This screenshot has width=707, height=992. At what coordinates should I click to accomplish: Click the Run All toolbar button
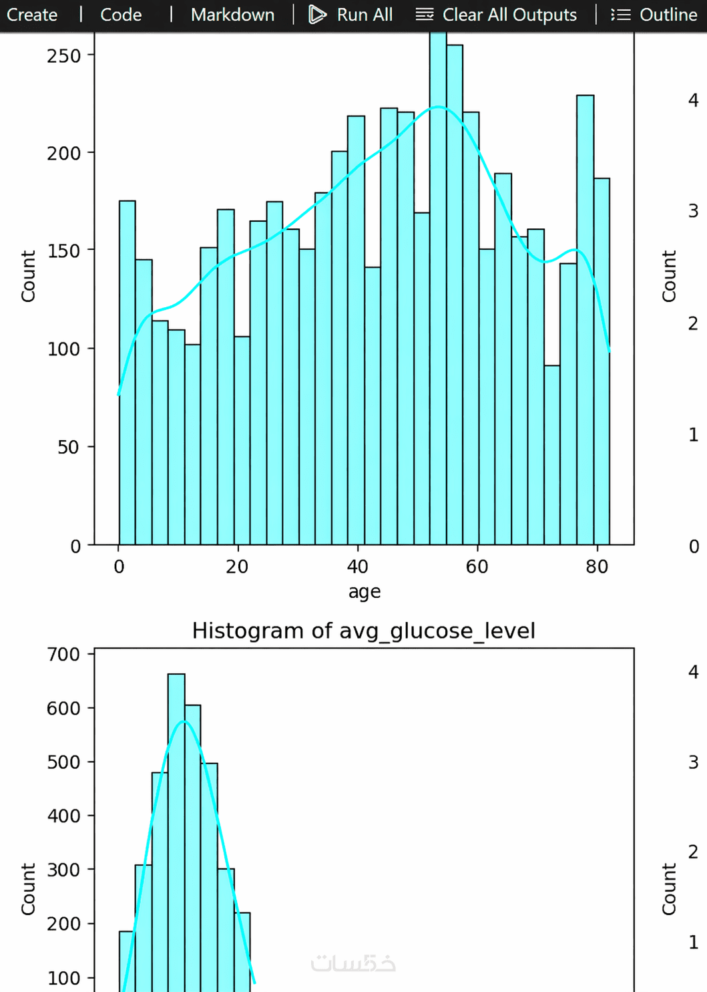pos(351,15)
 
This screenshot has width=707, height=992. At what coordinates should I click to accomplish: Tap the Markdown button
pos(232,15)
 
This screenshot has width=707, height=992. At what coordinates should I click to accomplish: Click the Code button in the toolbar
pos(121,15)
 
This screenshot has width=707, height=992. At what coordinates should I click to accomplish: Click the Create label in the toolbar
pos(32,15)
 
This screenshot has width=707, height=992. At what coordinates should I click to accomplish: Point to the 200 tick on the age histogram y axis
pos(64,153)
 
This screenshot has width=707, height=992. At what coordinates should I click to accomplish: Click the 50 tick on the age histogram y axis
pos(68,447)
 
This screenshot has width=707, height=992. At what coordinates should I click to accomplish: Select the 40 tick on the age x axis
pos(357,566)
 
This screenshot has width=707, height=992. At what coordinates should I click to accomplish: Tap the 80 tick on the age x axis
pos(597,566)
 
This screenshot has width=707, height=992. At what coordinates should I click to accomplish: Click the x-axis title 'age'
pos(365,592)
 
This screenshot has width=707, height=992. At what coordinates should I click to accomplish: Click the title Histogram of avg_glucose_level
pos(364,631)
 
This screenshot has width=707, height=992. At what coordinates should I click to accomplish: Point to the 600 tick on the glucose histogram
pos(64,708)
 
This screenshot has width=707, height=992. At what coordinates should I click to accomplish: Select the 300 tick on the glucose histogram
pos(64,870)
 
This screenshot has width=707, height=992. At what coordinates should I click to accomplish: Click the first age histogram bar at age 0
pos(127,374)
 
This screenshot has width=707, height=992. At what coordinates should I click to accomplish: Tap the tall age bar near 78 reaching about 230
pos(585,321)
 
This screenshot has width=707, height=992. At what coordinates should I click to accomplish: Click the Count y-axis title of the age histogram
pos(28,276)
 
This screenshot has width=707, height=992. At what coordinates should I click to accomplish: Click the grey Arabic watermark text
pos(353,963)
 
